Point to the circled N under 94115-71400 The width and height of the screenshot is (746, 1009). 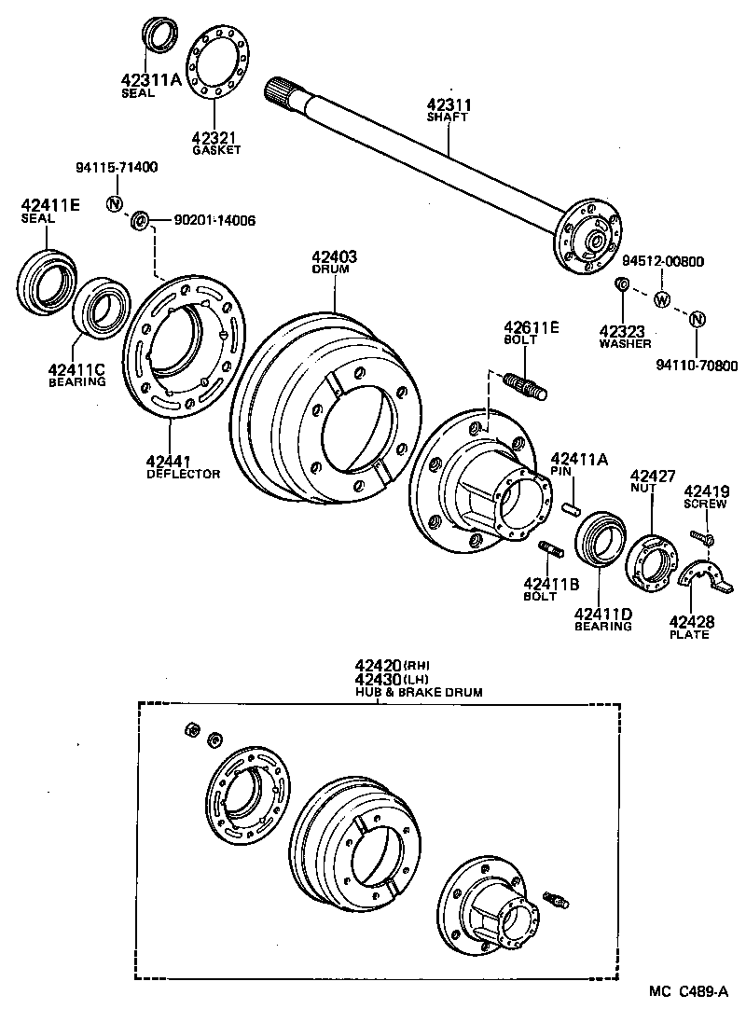(115, 204)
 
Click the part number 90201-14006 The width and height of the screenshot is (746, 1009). (215, 221)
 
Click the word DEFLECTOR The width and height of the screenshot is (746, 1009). (184, 474)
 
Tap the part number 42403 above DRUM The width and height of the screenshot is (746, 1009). (334, 256)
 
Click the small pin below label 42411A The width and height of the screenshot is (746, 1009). (573, 508)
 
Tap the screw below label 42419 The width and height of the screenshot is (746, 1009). (702, 537)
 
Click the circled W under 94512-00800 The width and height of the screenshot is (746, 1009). (661, 299)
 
